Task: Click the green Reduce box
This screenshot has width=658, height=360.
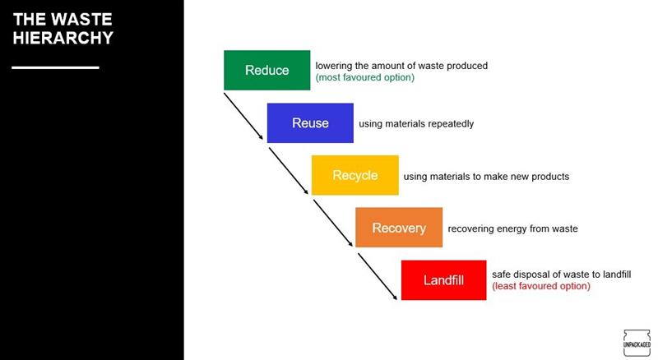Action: click(266, 70)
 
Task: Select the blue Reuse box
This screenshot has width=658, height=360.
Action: click(310, 123)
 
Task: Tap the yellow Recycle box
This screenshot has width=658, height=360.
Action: click(355, 175)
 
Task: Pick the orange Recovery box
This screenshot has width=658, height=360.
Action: click(399, 228)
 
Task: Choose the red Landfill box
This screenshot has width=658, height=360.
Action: click(443, 279)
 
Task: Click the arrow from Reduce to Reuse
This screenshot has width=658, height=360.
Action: click(243, 116)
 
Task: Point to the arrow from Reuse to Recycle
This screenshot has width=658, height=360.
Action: click(289, 171)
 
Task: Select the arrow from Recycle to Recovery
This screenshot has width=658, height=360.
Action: click(333, 224)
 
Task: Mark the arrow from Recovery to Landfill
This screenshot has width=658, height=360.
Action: click(378, 276)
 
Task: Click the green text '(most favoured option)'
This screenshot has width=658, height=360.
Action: click(364, 77)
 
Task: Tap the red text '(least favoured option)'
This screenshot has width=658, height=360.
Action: click(541, 286)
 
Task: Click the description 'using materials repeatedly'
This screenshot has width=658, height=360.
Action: click(416, 124)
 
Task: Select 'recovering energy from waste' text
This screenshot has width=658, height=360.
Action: click(512, 228)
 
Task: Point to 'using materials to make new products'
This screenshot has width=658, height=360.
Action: click(486, 177)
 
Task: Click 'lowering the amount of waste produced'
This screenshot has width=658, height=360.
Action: click(401, 66)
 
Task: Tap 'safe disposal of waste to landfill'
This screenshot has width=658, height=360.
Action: click(562, 275)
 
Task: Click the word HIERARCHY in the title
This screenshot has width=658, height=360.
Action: click(63, 38)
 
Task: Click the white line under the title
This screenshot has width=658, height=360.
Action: click(55, 67)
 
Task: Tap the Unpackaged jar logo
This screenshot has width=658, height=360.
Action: click(637, 344)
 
